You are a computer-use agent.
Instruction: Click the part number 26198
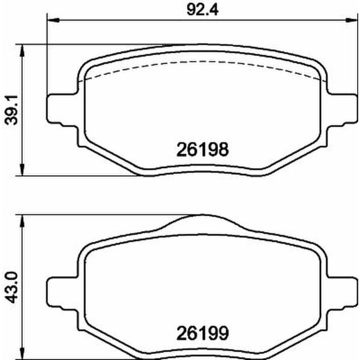point(203,149)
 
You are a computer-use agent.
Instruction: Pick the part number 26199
point(203,331)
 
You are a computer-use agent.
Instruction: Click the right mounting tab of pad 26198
point(344,109)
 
